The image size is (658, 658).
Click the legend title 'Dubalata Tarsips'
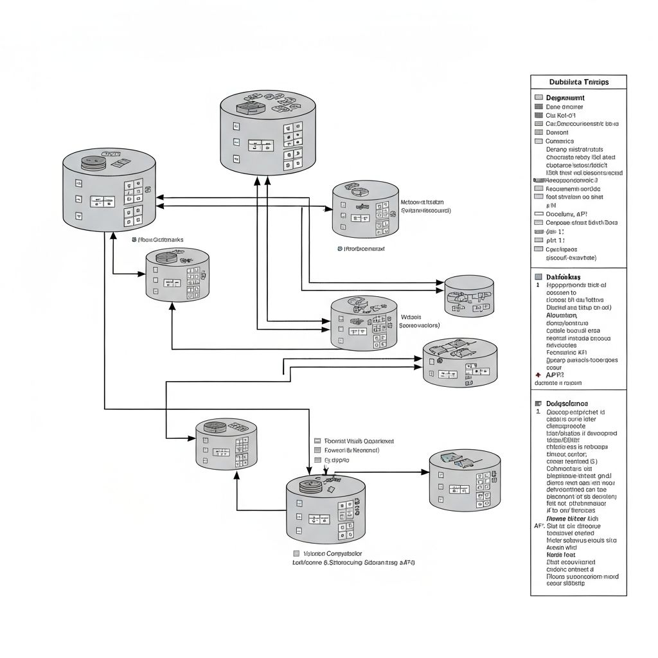(x=578, y=82)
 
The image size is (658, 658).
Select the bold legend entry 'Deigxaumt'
(x=565, y=98)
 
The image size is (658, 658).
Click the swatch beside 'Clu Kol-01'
(x=538, y=115)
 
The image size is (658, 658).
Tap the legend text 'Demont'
(x=557, y=132)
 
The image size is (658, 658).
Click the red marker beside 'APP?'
(x=538, y=374)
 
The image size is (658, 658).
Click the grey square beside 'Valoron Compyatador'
(x=296, y=553)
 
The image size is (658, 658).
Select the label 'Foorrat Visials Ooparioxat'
(x=359, y=441)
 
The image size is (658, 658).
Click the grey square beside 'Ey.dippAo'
(x=317, y=460)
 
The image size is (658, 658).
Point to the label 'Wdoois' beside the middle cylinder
(x=411, y=317)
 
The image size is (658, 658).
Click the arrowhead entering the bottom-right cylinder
(x=425, y=472)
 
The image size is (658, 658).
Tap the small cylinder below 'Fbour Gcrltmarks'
(x=177, y=275)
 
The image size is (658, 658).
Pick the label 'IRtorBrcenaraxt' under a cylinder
(x=364, y=247)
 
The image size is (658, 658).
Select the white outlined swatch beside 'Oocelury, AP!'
(x=538, y=213)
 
